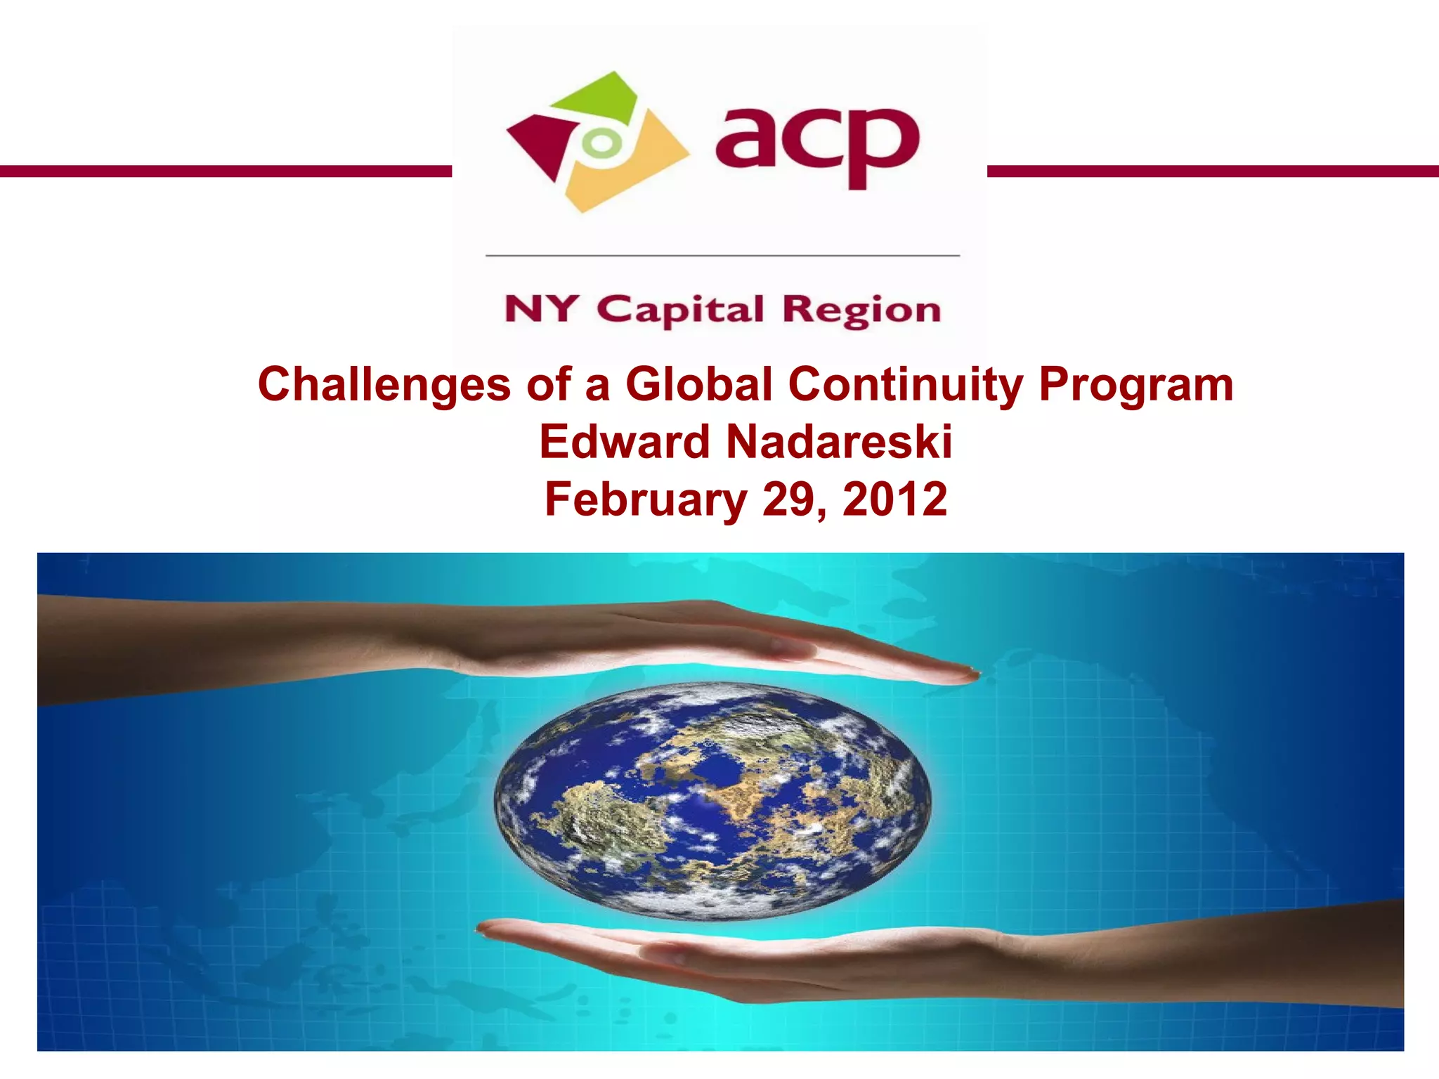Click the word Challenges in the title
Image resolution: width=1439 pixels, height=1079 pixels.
coord(384,385)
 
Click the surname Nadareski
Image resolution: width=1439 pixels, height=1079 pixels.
coord(839,442)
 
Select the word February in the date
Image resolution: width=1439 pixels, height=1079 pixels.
coord(646,499)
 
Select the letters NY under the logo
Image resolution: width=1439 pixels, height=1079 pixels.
coord(540,309)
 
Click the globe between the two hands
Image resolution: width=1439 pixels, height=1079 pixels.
coord(712,800)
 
